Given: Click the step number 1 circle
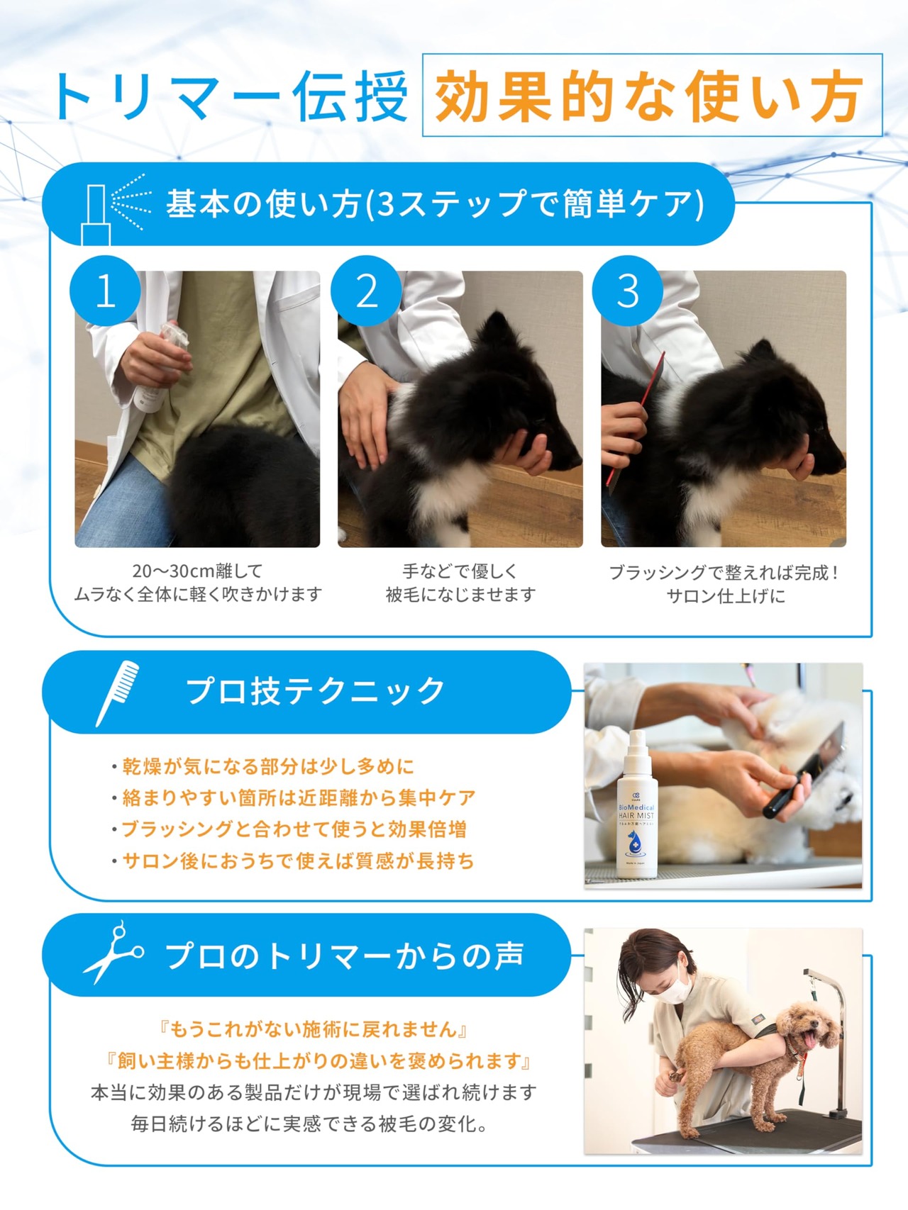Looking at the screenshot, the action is point(105,291).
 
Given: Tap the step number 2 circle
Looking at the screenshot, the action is point(366,291).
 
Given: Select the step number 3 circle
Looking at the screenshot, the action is point(628,291).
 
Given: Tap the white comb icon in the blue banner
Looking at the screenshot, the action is point(117,693).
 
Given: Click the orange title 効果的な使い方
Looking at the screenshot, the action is point(648,96).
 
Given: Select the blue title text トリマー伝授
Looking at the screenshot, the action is point(231,96).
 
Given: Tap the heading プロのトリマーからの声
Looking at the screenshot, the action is point(345,956).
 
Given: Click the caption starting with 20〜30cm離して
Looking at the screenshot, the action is point(198,582).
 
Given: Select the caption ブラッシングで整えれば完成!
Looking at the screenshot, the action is point(724,573).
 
